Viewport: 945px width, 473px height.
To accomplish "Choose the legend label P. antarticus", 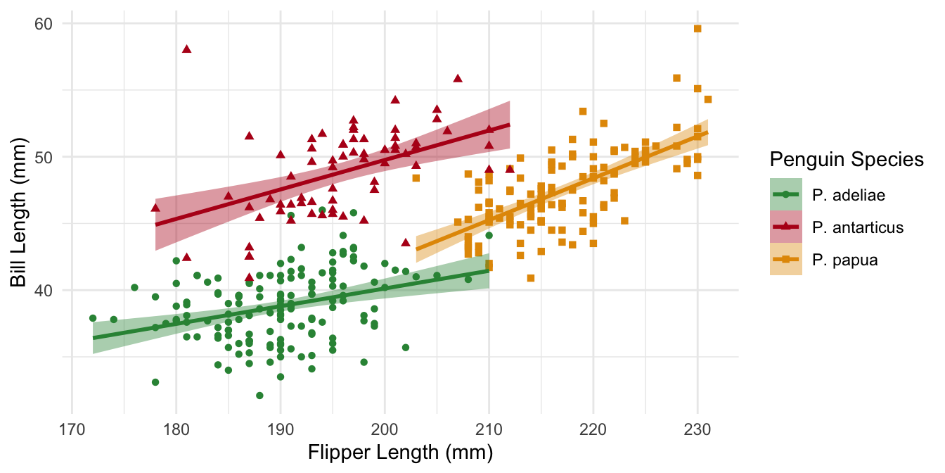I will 857,227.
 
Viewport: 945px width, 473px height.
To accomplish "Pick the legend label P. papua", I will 844,260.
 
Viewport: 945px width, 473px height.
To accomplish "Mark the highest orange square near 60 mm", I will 697,29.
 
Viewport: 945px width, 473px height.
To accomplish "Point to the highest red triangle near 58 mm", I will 186,49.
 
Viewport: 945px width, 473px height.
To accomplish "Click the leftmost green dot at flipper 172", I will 93,318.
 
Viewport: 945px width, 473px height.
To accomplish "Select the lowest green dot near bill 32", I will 259,396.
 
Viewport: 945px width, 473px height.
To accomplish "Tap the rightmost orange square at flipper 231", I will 708,99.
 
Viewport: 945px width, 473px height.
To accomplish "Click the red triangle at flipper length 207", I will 458,78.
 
